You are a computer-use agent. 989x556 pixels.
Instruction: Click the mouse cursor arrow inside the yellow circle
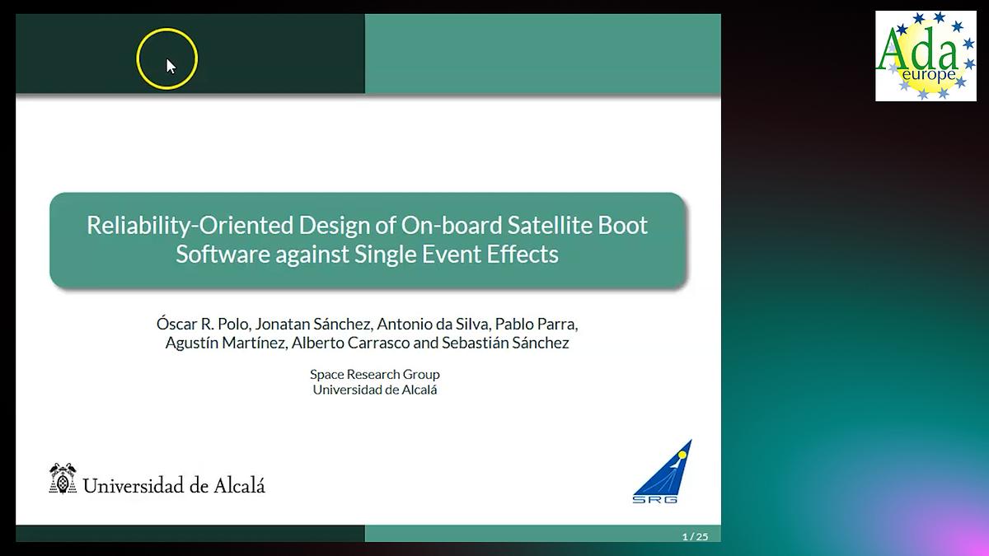point(171,66)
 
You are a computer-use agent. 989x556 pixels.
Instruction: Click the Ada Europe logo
point(926,56)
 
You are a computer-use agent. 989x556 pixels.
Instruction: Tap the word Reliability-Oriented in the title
point(190,225)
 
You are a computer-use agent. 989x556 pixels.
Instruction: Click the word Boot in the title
point(622,225)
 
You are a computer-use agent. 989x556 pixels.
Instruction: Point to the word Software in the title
point(223,255)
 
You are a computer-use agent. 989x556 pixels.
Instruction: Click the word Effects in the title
point(523,255)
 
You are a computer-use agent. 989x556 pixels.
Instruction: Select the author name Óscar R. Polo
point(204,324)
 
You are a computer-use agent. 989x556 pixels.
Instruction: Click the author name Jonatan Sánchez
point(314,324)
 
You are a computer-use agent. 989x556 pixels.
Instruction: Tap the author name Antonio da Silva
point(434,324)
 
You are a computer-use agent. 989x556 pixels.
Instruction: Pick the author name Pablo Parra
point(537,324)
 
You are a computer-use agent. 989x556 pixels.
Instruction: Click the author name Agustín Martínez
point(227,343)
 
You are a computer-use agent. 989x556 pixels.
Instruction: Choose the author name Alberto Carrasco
point(350,343)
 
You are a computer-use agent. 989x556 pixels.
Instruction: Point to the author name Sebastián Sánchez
point(505,343)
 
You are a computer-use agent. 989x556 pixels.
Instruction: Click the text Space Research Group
point(375,374)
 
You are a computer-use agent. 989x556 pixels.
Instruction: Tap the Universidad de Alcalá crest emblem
point(63,478)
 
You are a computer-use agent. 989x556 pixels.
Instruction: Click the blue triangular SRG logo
point(662,471)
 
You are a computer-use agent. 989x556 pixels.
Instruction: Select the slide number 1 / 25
point(695,536)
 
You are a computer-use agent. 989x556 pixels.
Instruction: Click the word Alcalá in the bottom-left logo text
point(239,485)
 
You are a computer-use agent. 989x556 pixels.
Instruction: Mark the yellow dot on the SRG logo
point(682,455)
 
